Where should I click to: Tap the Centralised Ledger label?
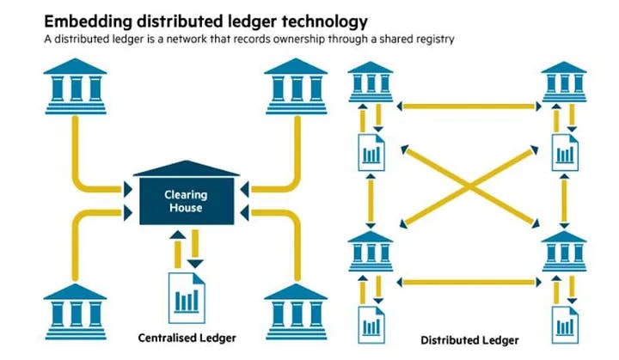(x=187, y=338)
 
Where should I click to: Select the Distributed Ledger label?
(x=469, y=340)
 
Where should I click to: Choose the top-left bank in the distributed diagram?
(x=371, y=83)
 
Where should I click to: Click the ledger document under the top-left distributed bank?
(x=371, y=151)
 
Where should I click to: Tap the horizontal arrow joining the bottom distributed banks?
(x=469, y=280)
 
